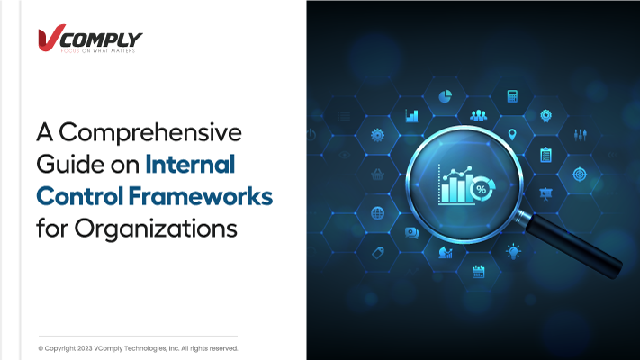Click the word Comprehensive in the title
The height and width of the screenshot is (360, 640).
tap(150, 133)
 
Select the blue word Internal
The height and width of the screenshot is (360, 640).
tap(190, 164)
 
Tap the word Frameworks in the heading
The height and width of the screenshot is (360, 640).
tap(201, 196)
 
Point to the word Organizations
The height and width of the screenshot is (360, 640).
tap(156, 229)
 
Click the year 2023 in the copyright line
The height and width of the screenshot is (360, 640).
tap(85, 348)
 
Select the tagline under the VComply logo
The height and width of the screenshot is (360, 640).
tap(98, 51)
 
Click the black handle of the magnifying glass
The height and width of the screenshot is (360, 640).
tap(574, 246)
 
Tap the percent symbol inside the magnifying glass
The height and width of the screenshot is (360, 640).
tap(481, 189)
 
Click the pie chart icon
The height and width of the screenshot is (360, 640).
tap(445, 96)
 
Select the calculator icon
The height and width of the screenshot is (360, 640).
tap(512, 96)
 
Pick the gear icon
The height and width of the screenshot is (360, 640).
tap(377, 135)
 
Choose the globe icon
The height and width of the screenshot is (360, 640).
tap(377, 213)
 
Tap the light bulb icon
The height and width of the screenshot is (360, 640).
tap(513, 251)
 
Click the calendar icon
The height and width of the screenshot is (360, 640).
tap(478, 272)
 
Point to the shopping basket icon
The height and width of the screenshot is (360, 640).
tap(377, 175)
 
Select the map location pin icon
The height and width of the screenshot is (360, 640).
tap(512, 134)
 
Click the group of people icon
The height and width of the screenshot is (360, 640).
tap(478, 116)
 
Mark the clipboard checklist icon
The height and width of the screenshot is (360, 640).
tap(545, 155)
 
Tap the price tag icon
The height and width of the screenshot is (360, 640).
tap(378, 253)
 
